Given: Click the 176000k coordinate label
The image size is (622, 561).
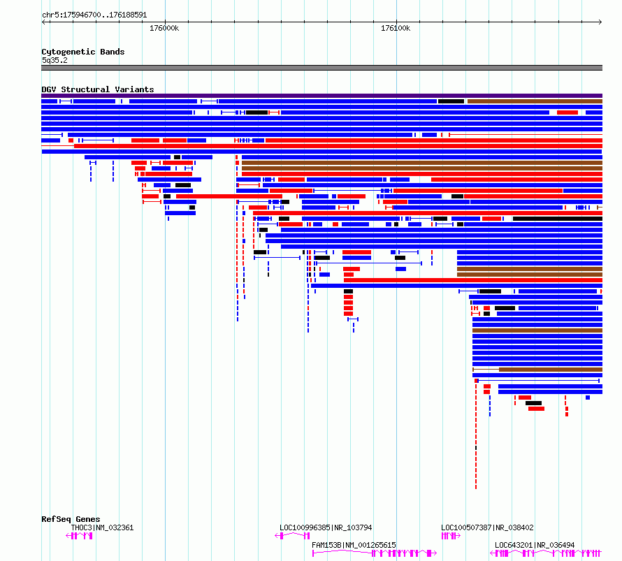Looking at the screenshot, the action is [x=164, y=28].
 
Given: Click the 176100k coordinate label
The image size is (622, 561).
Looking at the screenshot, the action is [x=396, y=28].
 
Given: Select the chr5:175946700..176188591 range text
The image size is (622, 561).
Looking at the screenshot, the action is [x=94, y=15].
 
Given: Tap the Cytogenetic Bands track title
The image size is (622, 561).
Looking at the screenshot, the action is [x=83, y=52].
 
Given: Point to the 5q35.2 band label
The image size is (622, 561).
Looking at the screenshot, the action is [x=55, y=60].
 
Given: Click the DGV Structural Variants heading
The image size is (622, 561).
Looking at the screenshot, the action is [x=98, y=89].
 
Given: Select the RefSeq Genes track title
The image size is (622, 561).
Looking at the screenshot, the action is [x=71, y=519].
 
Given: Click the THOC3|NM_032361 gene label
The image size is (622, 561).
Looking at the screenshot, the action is [x=102, y=527].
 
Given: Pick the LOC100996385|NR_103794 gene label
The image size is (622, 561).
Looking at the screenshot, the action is [x=326, y=527].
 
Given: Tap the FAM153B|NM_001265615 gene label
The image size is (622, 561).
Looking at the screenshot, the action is [x=354, y=545].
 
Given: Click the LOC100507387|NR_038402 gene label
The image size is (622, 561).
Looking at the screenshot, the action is [x=487, y=527].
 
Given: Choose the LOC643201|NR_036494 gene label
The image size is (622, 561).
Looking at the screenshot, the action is [x=535, y=545].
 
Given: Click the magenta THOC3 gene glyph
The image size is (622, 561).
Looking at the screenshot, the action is [x=80, y=536].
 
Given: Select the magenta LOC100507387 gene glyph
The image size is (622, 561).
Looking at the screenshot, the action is [x=451, y=536].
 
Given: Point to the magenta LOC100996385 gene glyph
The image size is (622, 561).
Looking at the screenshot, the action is [x=292, y=536].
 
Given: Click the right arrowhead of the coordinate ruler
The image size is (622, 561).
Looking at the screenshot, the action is [x=601, y=22].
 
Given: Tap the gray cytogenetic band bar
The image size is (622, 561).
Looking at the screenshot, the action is [x=321, y=68].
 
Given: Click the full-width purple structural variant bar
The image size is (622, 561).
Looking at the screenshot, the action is [x=321, y=96].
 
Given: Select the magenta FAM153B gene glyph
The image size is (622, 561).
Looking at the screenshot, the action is [x=375, y=553].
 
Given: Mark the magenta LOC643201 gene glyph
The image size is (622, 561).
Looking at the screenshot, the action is [x=547, y=553].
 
